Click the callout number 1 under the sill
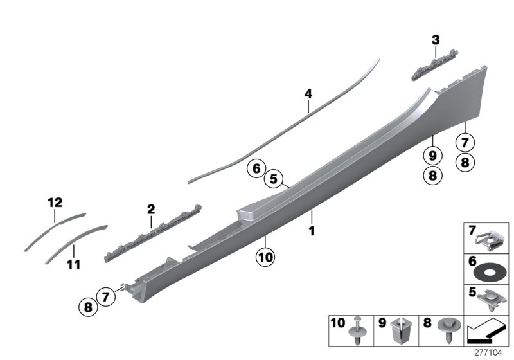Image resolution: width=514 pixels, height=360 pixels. click(312, 230)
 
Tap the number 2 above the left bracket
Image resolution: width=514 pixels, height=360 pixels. click(151, 209)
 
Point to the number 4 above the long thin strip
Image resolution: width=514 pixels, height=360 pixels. click(308, 94)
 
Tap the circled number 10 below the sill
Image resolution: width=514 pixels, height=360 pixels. click(265, 257)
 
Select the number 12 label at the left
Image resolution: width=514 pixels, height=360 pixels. click(55, 203)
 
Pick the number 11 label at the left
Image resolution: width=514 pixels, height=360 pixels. click(74, 264)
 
